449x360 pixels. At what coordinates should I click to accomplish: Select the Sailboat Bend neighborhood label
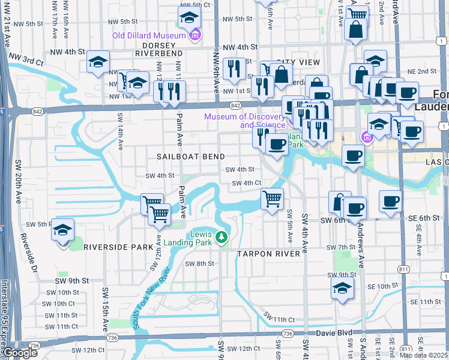click(182, 155)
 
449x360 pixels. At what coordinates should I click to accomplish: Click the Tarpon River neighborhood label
click(268, 254)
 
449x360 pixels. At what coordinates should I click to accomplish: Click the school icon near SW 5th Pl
click(62, 230)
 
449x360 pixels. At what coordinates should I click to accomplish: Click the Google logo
click(19, 353)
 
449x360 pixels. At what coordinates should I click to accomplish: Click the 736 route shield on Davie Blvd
click(288, 334)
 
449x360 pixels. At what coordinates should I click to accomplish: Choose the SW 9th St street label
click(71, 280)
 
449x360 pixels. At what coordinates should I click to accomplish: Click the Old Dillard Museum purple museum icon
click(194, 36)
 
